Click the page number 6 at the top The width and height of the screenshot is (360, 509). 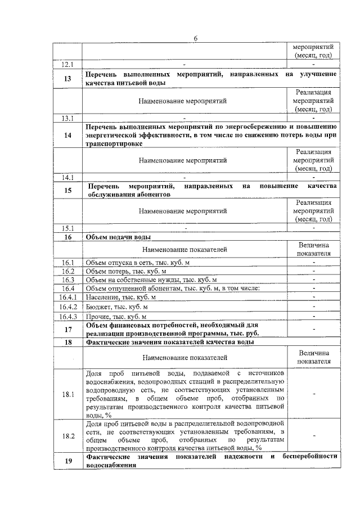(196, 38)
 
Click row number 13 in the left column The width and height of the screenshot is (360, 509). (67, 79)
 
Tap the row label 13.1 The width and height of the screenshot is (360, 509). (67, 118)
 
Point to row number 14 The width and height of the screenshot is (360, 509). (67, 135)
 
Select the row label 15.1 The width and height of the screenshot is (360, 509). (67, 228)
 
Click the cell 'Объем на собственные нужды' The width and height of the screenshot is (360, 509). (151, 280)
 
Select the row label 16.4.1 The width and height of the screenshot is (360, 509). (67, 297)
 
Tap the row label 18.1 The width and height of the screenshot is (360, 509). (67, 394)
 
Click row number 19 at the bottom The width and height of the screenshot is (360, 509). (67, 461)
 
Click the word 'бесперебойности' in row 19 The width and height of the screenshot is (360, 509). (310, 456)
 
